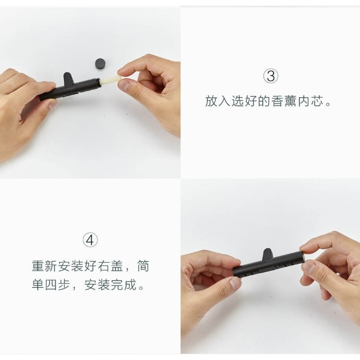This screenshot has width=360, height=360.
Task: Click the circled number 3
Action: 271,76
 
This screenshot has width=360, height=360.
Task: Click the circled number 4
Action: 90,240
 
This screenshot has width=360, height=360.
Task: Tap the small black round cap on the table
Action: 102,64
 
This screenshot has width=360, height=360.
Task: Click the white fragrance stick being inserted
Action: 111,81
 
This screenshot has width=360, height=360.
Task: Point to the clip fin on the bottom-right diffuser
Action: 267,254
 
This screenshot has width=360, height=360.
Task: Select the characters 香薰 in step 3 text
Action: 284,101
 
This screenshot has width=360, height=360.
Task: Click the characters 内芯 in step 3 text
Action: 311,101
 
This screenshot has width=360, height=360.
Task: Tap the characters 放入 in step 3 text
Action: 217,101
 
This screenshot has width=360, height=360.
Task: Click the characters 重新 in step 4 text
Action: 44,266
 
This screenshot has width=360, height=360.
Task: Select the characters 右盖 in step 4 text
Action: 111,266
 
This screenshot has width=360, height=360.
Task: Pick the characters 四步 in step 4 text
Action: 58,285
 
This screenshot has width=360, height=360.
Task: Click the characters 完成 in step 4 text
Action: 124,285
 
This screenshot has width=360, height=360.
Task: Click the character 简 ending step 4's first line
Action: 143,266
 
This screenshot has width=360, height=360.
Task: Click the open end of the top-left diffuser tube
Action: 99,82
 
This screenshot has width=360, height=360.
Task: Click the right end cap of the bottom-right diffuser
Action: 302,258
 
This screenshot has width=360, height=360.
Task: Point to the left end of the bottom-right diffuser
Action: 234,272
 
